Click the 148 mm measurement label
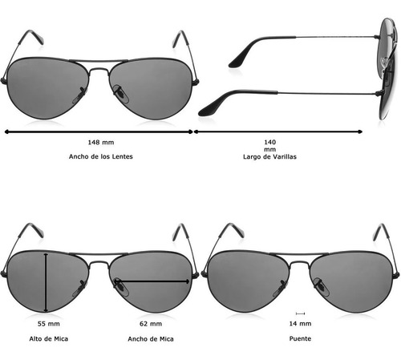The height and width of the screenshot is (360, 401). click(101, 142)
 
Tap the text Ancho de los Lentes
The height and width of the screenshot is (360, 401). click(101, 156)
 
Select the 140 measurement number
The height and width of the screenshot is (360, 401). click(270, 142)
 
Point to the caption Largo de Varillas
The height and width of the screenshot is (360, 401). click(269, 156)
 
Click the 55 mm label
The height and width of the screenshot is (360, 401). click(49, 324)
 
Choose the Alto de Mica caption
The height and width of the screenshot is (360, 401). click(49, 339)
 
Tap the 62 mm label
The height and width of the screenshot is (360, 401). click(151, 324)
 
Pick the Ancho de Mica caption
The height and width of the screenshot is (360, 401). click(151, 339)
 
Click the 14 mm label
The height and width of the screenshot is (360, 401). click(300, 324)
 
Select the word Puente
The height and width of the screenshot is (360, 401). click(300, 338)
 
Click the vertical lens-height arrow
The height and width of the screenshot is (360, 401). click(47, 283)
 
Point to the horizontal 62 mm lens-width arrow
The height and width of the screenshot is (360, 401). click(152, 281)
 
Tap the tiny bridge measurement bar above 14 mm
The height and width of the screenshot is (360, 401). click(301, 313)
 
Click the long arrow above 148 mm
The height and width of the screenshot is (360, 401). click(99, 131)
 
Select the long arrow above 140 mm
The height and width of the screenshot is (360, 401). click(278, 131)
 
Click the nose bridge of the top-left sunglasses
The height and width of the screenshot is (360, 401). click(99, 70)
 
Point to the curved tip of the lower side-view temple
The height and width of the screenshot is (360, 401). click(207, 110)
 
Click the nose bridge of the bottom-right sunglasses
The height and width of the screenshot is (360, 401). click(299, 263)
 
